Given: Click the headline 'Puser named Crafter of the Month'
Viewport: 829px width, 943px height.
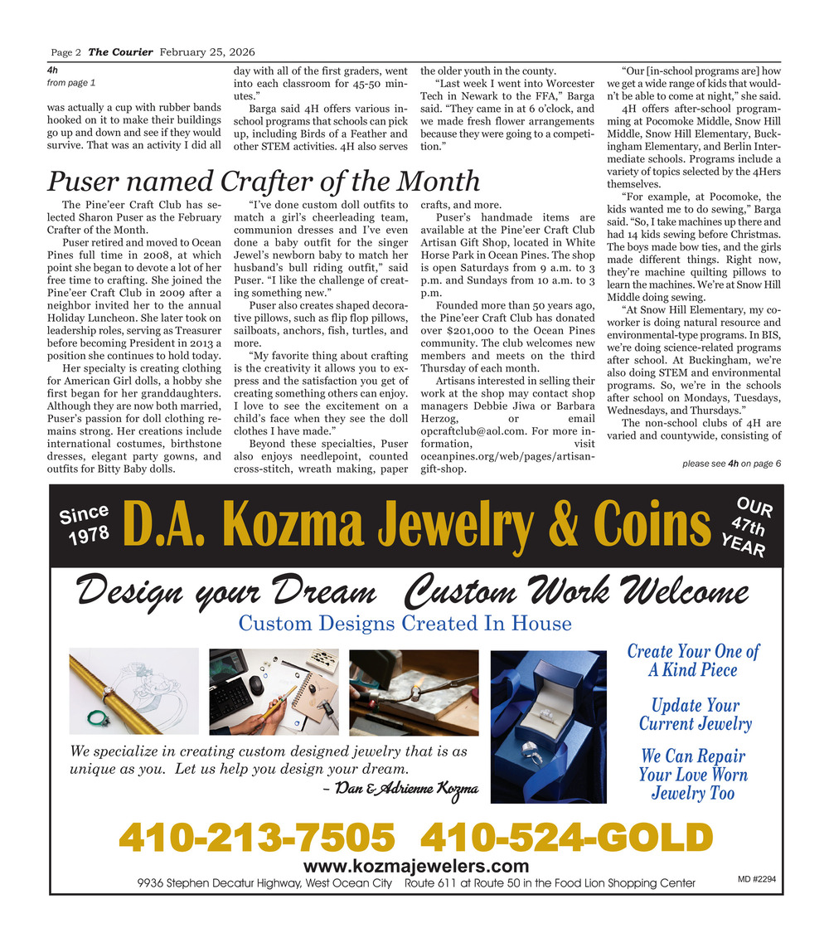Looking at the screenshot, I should tap(263, 181).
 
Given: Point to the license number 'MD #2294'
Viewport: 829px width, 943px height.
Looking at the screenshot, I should tap(756, 879).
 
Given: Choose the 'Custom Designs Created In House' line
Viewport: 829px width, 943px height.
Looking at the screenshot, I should tap(405, 623).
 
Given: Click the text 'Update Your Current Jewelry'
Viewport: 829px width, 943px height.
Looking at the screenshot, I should tap(695, 715).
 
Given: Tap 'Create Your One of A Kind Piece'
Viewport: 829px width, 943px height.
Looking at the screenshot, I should tap(692, 661).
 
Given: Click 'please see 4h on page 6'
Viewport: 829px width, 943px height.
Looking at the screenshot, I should tap(732, 464).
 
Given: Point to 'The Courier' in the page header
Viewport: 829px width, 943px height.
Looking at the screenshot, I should tap(120, 51).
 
